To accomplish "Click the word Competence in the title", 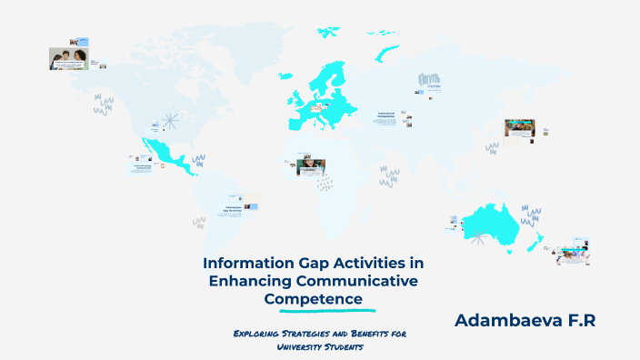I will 314,298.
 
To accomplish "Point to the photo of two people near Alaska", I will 68,59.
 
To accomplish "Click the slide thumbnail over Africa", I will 311,167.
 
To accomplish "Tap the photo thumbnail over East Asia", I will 519,127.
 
